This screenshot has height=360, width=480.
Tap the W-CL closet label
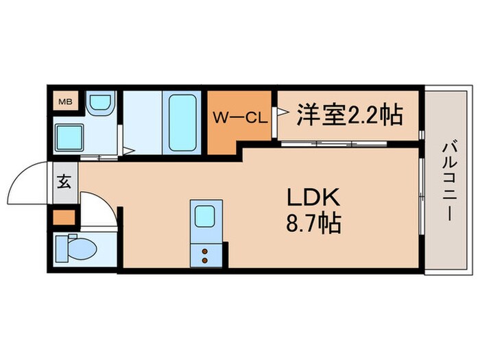pos(239,117)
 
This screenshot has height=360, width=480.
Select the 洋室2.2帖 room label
pos(348,115)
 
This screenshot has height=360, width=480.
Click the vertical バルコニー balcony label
pos(449,180)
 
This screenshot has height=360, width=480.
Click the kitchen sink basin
pos(206,215)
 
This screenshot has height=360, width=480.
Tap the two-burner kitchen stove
pos(205,254)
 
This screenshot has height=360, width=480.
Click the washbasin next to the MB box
pos(100,103)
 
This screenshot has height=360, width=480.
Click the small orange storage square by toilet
pos(64,219)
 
